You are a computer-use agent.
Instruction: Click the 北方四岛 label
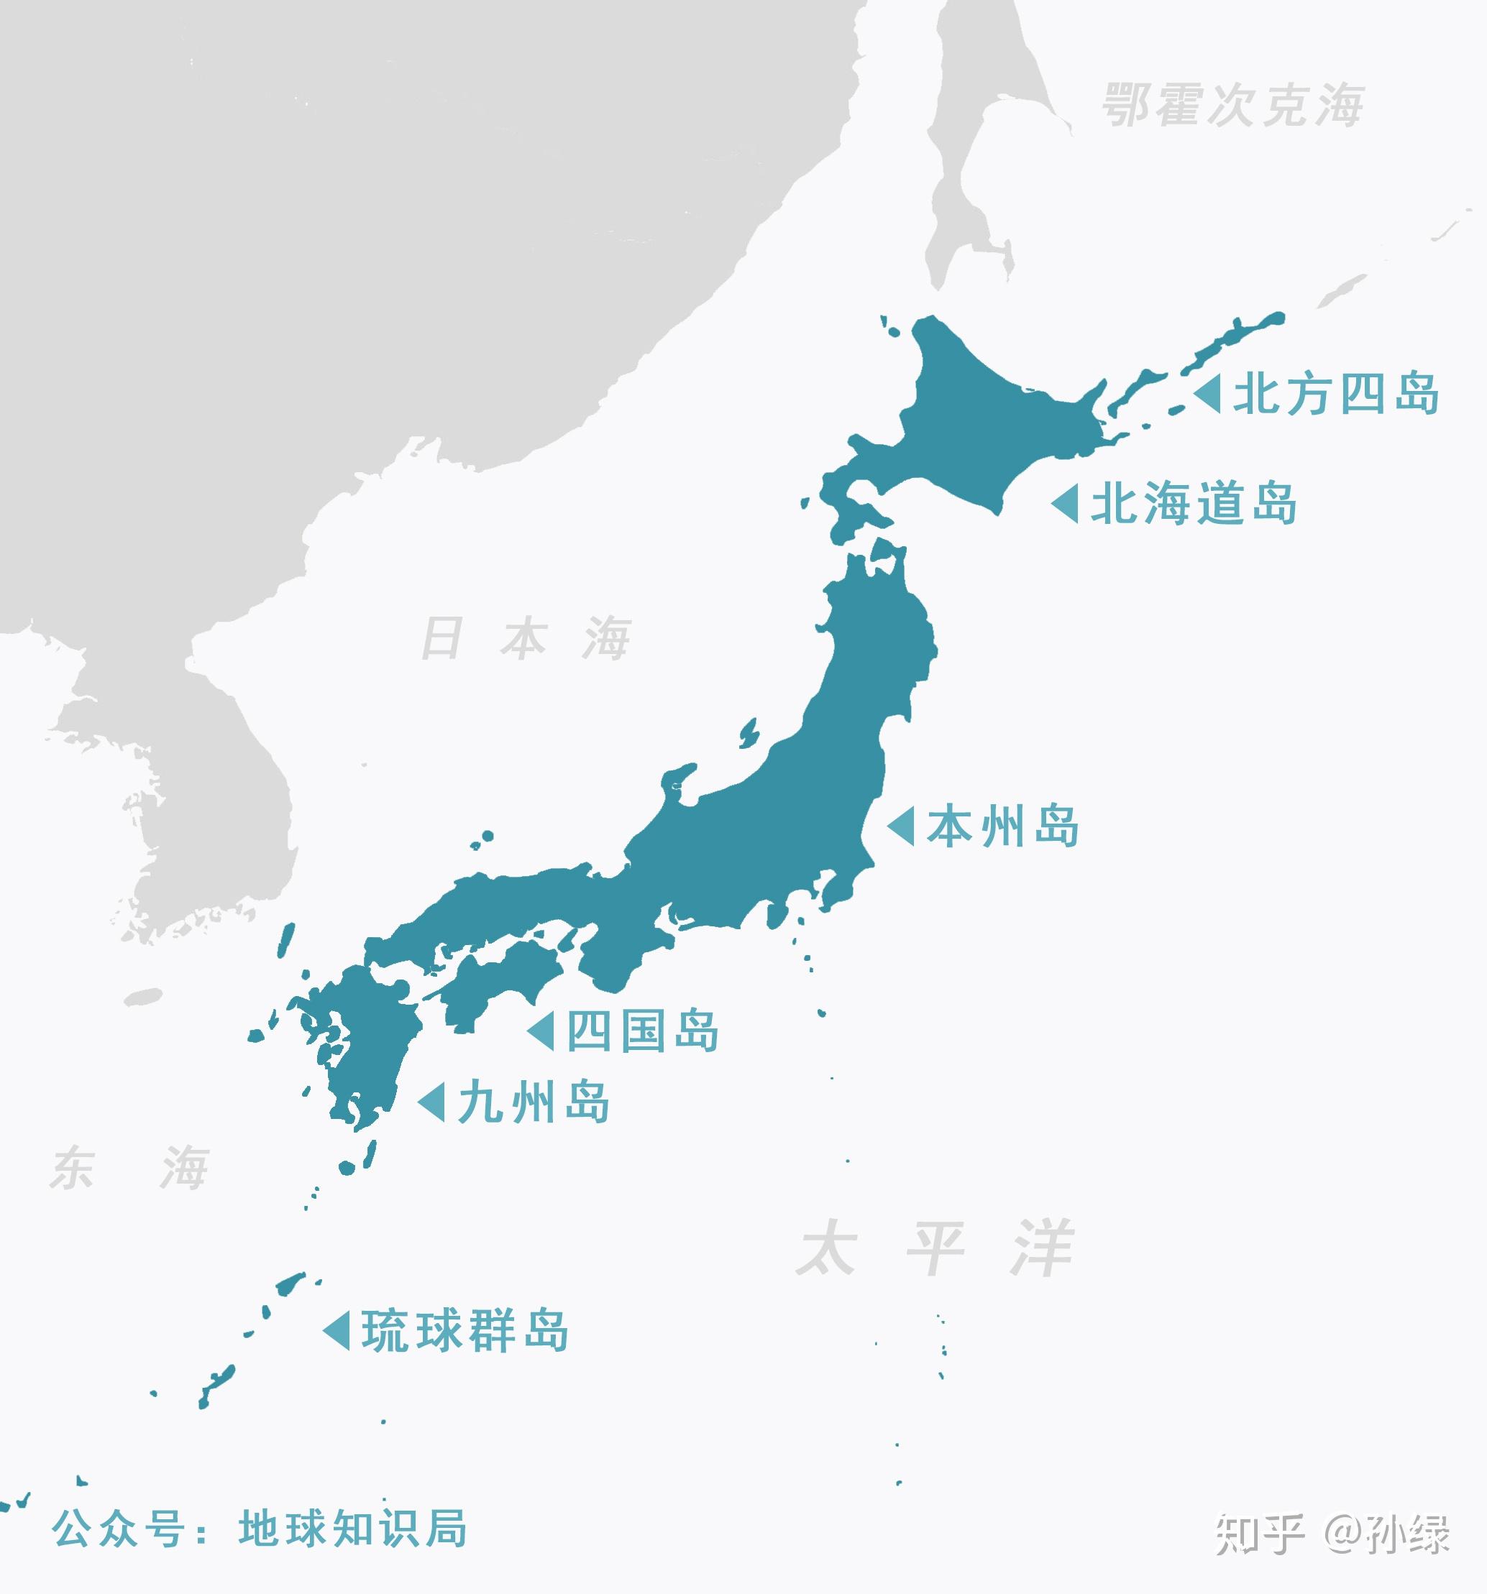1335,395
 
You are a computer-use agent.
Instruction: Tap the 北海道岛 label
1194,505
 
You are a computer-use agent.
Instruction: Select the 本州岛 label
1003,826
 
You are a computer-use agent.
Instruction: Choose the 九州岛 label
534,1102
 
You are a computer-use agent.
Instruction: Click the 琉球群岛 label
465,1331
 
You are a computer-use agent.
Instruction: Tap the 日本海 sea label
526,638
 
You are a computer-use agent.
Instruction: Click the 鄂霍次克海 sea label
1232,105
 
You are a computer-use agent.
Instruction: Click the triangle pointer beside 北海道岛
1066,505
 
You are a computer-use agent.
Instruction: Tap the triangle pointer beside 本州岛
902,826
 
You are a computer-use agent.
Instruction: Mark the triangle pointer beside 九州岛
432,1102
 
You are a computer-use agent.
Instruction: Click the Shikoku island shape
498,982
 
